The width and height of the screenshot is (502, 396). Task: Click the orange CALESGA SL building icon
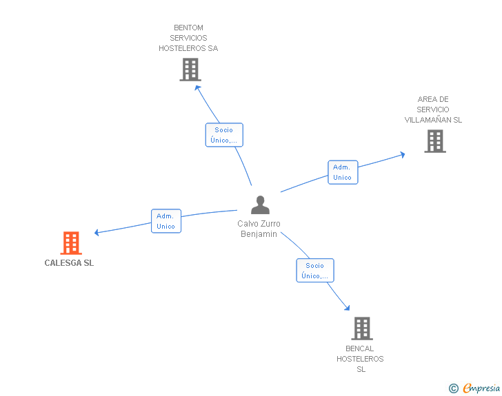71,243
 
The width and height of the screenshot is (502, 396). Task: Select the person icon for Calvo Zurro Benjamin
260,205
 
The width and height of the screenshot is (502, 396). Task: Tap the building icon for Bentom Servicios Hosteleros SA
190,70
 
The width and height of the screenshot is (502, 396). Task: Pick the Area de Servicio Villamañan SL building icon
435,141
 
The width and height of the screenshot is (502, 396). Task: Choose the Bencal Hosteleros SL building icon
362,329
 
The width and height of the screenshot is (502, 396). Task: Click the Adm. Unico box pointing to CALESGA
166,221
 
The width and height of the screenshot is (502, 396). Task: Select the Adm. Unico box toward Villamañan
343,172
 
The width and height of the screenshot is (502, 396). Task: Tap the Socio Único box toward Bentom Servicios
224,135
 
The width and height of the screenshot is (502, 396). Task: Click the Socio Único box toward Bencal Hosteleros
315,271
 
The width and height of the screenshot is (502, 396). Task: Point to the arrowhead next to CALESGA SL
97,233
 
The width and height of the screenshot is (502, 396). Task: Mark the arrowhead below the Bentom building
197,87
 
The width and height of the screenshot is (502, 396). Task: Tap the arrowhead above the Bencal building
348,308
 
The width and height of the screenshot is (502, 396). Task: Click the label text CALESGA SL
69,263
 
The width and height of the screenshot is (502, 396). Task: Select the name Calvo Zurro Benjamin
259,229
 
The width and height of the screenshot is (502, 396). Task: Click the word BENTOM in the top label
188,28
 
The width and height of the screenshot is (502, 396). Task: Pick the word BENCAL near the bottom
359,348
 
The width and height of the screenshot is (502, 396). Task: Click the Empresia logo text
481,388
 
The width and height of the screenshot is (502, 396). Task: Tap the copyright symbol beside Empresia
454,388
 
